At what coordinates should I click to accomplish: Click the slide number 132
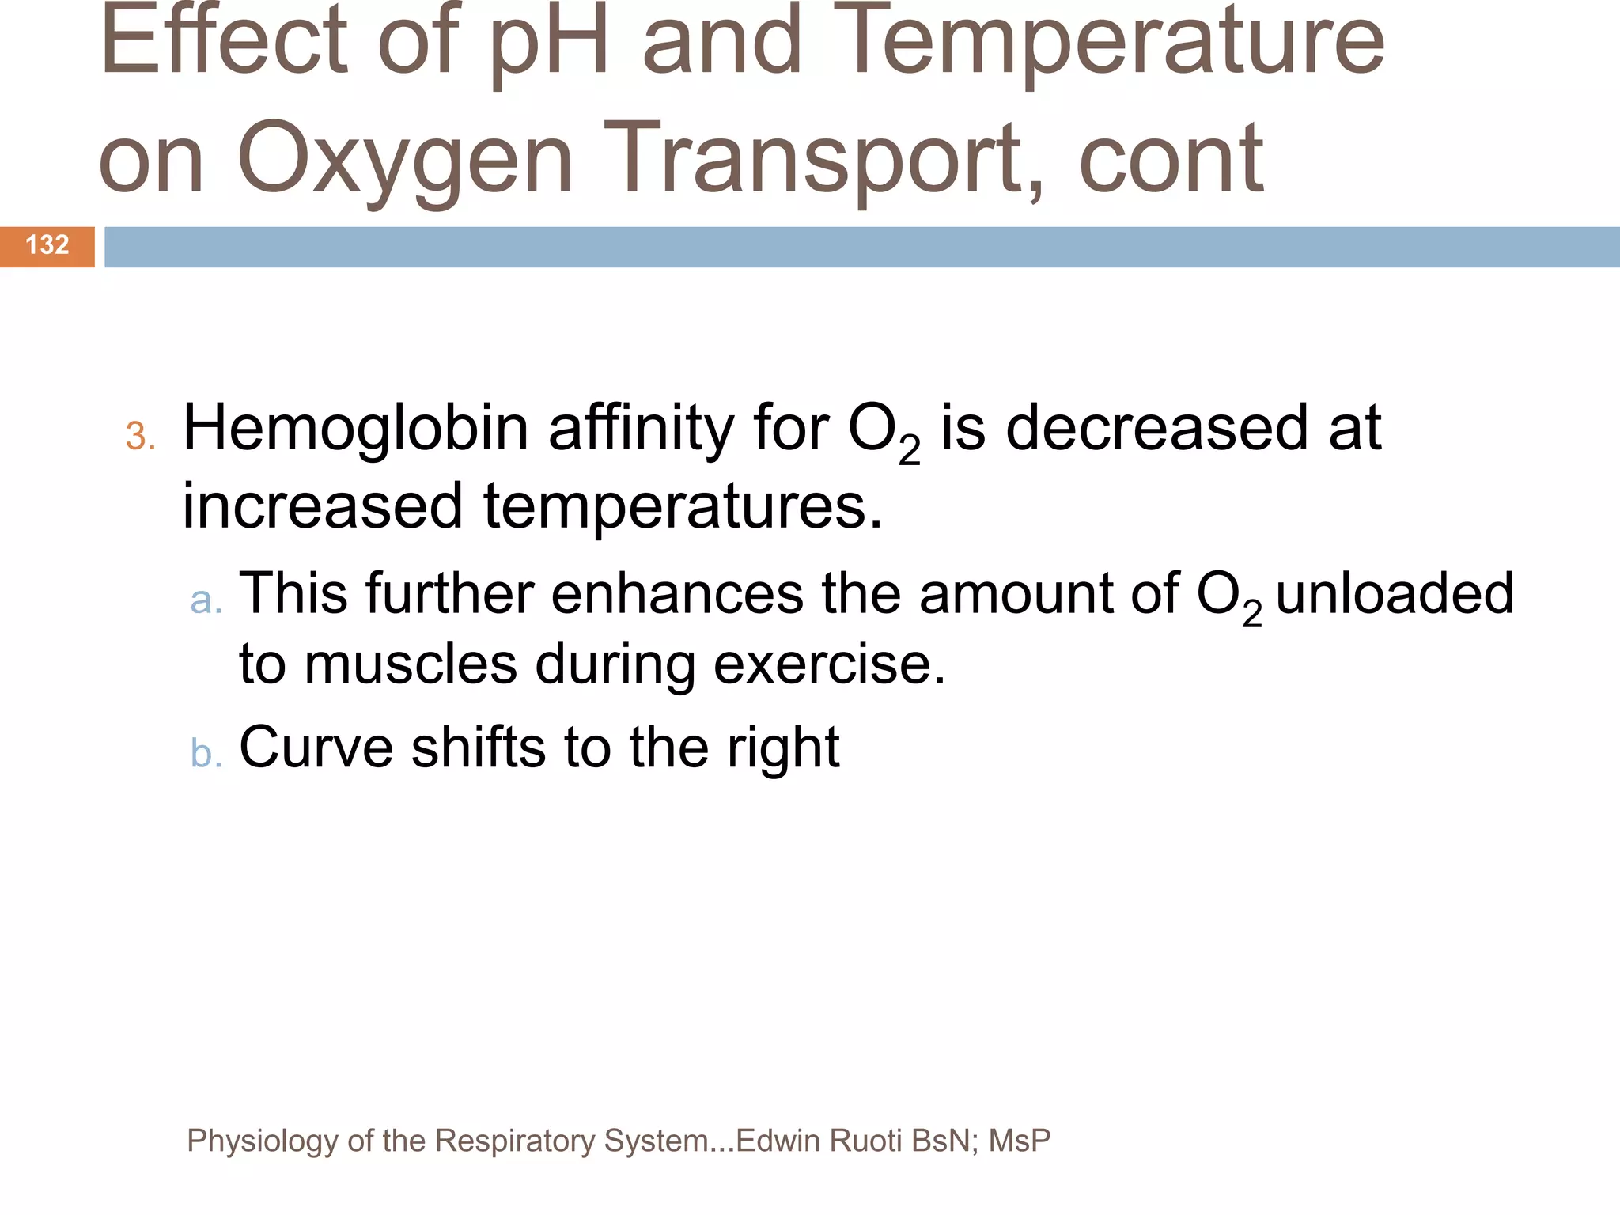[x=47, y=245]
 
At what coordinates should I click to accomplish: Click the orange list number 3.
[x=140, y=436]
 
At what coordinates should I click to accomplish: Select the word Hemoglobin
[x=355, y=428]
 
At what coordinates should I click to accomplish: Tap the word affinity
[x=641, y=428]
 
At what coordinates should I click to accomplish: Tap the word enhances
[x=676, y=593]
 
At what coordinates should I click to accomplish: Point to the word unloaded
[x=1395, y=593]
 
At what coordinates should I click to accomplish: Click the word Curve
[x=316, y=747]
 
